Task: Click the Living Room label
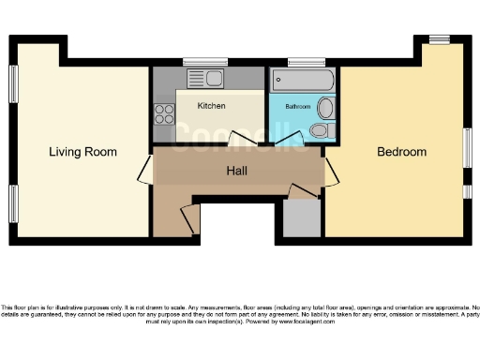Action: coord(83,151)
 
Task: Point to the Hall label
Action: coord(237,172)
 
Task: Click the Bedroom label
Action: coord(401,152)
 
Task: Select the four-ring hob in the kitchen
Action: coord(164,115)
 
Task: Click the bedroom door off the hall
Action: coord(329,171)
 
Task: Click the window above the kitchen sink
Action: coord(205,63)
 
